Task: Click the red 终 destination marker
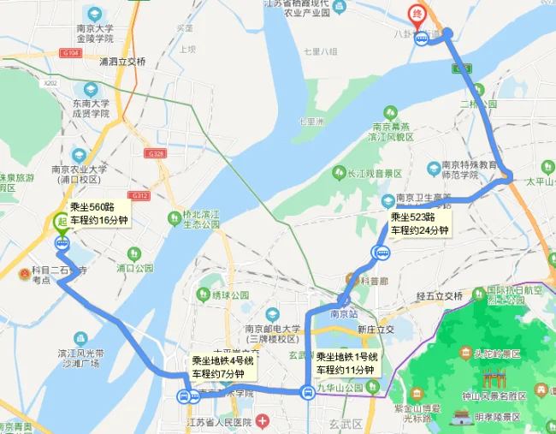click(417, 15)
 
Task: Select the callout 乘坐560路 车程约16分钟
click(99, 213)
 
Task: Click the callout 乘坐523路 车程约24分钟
click(420, 223)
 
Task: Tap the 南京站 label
click(345, 314)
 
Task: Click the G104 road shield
click(70, 52)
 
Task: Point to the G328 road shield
click(156, 154)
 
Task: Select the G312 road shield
click(140, 196)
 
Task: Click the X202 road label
click(50, 83)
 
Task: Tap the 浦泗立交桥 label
click(122, 62)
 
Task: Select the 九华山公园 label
click(349, 387)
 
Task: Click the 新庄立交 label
click(376, 330)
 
